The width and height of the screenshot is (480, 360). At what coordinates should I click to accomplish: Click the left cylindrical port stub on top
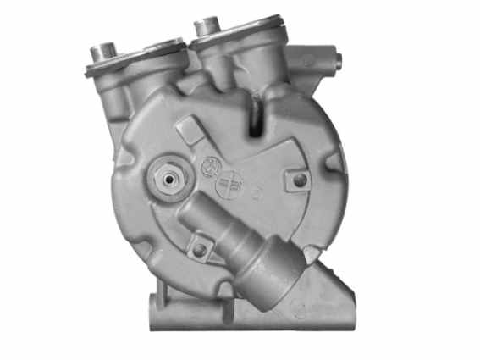point(106,51)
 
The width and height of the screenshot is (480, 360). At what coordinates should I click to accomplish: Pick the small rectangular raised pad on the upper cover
point(189,130)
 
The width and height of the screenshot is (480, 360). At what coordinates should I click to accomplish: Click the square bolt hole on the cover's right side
point(299,180)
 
